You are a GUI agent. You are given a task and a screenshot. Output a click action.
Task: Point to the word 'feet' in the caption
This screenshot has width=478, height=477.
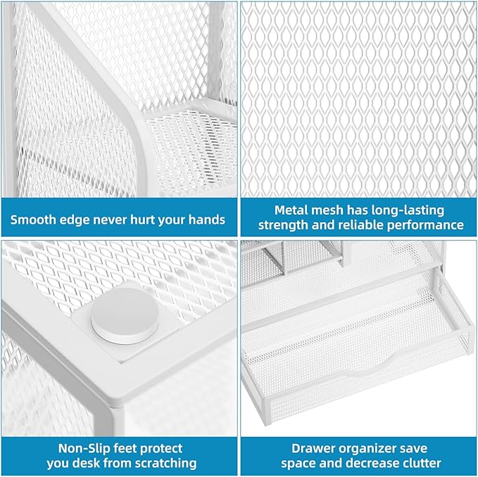118,447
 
